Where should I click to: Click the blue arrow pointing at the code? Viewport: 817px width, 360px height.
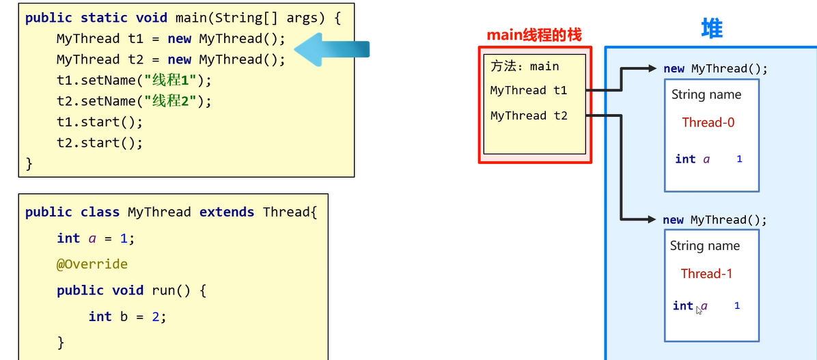pos(333,50)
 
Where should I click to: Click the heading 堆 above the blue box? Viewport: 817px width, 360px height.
pos(712,28)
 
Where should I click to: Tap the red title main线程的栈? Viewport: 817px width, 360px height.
pos(534,36)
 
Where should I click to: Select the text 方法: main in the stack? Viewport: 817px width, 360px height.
pos(525,66)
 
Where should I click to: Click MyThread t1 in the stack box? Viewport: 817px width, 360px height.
pos(529,90)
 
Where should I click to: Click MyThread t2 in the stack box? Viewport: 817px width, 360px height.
pos(529,115)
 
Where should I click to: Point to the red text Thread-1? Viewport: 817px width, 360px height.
pos(706,274)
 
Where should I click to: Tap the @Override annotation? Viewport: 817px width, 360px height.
pos(92,264)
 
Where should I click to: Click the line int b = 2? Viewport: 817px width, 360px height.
pos(128,317)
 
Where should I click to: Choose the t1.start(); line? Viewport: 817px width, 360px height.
pos(100,122)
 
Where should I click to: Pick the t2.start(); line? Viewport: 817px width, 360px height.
pos(100,143)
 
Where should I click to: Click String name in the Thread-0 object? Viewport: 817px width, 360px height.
pos(706,95)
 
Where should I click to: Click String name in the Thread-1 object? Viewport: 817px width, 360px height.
pos(705,246)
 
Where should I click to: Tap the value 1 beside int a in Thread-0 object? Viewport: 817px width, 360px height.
pos(739,159)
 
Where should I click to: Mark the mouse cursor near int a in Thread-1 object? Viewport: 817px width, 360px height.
pos(699,310)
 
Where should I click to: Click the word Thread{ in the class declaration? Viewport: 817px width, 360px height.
pos(290,212)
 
